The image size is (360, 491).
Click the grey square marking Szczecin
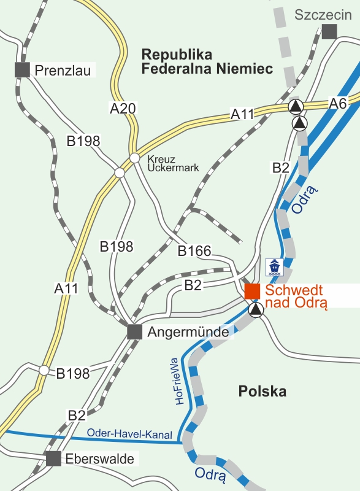(330, 32)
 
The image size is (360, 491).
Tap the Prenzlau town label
(63, 71)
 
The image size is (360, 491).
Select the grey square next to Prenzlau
(23, 69)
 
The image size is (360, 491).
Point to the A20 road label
(123, 109)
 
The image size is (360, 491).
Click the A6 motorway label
(338, 103)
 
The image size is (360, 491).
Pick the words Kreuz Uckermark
(173, 163)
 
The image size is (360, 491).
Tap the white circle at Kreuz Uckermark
(134, 158)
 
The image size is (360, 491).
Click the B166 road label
(194, 251)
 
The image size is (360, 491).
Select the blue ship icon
(274, 266)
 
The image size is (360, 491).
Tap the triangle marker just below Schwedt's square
(256, 310)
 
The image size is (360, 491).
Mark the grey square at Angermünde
(135, 332)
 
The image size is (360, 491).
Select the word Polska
(262, 391)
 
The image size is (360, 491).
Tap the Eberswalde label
(100, 458)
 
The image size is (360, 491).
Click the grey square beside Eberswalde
(54, 458)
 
